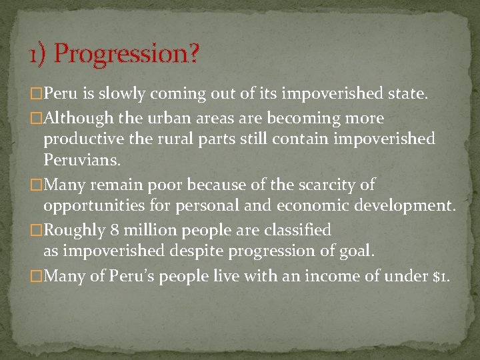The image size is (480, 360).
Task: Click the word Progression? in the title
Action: click(127, 54)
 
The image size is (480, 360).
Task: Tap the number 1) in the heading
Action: click(37, 54)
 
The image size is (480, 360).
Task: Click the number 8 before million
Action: click(115, 230)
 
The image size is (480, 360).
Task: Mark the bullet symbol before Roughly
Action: click(37, 231)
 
